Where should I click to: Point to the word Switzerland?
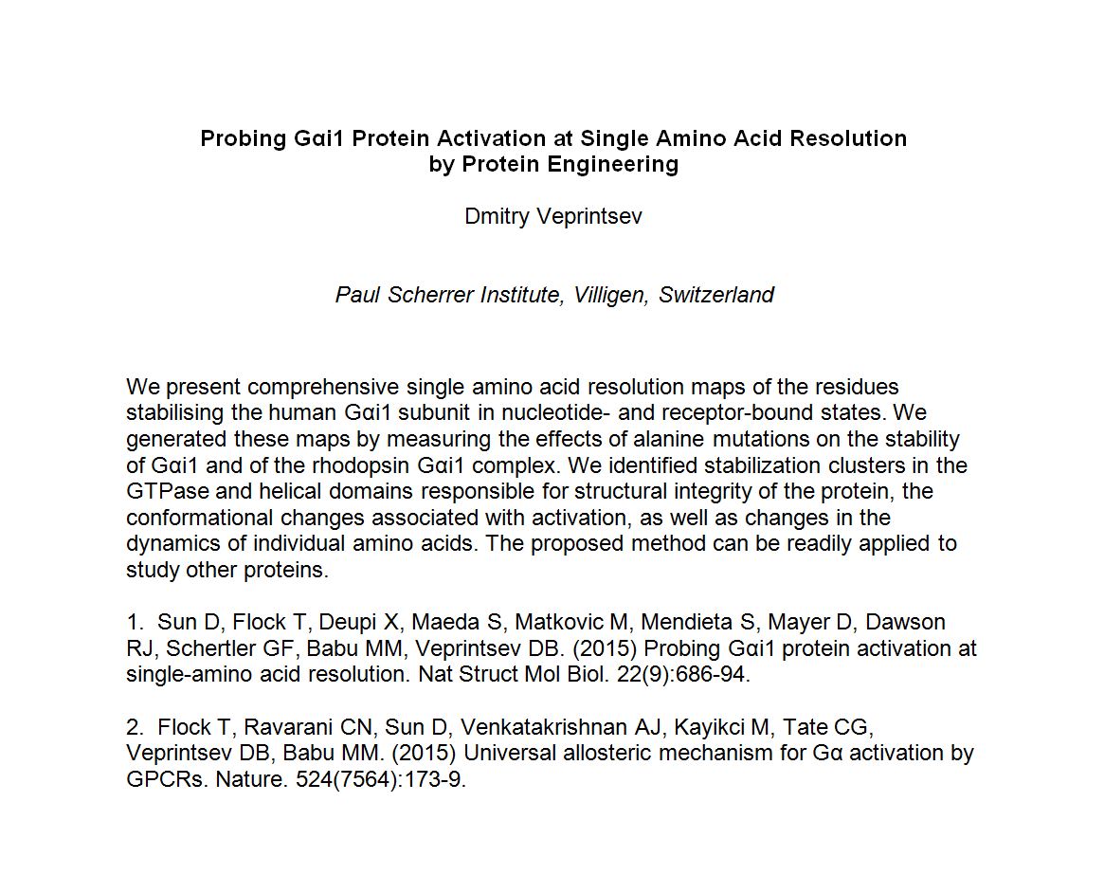716,295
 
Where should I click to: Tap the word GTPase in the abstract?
163,491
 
